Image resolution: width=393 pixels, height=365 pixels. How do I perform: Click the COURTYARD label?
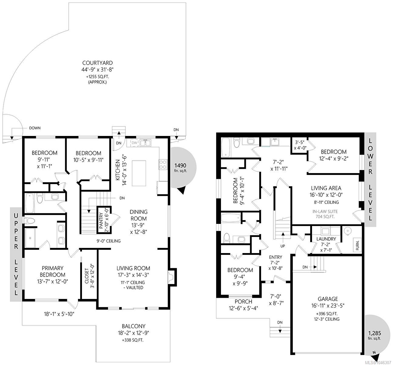tap(97, 63)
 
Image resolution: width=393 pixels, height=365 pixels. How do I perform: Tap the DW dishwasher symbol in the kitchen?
tap(134, 143)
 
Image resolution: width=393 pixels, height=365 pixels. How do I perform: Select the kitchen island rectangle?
tap(139, 173)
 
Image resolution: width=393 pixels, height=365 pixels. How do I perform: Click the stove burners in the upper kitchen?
tap(163, 165)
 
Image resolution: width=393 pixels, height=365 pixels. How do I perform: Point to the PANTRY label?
tap(101, 221)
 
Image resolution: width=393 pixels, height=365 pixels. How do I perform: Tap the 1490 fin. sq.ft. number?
tap(180, 165)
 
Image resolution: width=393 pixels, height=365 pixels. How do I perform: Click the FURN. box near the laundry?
tap(357, 245)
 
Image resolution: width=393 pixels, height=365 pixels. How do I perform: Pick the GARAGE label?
tap(328, 299)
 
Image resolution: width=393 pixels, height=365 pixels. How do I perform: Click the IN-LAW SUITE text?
tap(325, 211)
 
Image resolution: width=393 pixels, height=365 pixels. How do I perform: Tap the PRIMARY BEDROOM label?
tap(53, 271)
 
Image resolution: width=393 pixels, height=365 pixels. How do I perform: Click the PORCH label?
tap(243, 301)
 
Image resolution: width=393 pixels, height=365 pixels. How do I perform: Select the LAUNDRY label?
tap(326, 239)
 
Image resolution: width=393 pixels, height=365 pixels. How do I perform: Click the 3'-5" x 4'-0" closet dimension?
tap(300, 145)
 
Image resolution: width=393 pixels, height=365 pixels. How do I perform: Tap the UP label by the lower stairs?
tap(283, 246)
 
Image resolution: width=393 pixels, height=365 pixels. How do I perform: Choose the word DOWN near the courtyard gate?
tap(35, 128)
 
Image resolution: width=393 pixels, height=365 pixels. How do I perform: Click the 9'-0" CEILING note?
tap(108, 241)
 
